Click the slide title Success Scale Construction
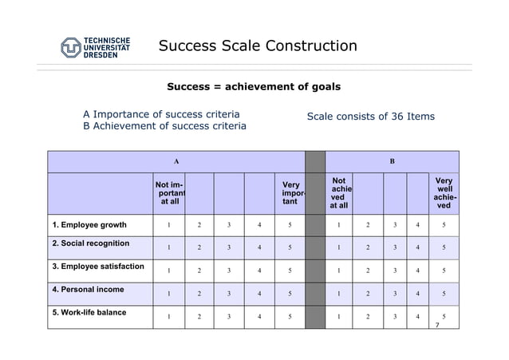click(258, 45)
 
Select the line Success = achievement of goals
click(254, 86)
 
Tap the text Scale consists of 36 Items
click(371, 117)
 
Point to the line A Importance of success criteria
click(161, 114)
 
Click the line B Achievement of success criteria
click(164, 126)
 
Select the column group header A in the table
click(176, 161)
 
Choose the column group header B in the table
click(392, 161)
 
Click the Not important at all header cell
click(169, 194)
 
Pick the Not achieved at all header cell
click(339, 194)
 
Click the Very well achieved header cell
click(444, 194)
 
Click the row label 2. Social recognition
click(90, 243)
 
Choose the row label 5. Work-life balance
click(89, 312)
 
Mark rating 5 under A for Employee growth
click(290, 225)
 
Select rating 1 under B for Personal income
click(339, 294)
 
